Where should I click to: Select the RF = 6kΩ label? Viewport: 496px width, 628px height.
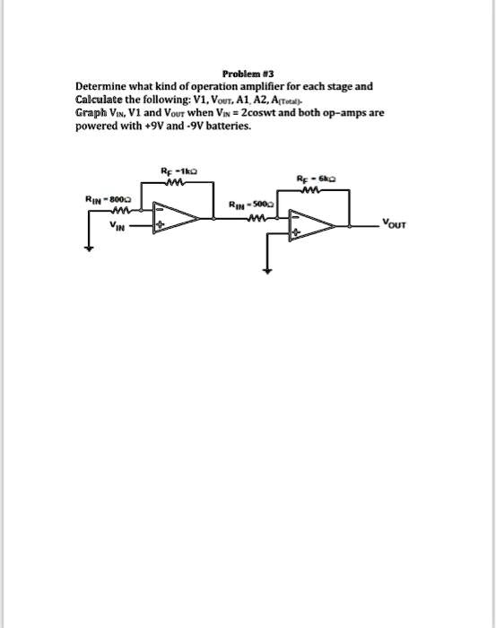click(x=316, y=179)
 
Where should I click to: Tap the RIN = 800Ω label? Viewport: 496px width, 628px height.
click(x=106, y=199)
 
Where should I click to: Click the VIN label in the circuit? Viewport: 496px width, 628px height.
click(x=117, y=226)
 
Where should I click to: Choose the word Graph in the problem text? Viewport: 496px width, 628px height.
click(x=91, y=115)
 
